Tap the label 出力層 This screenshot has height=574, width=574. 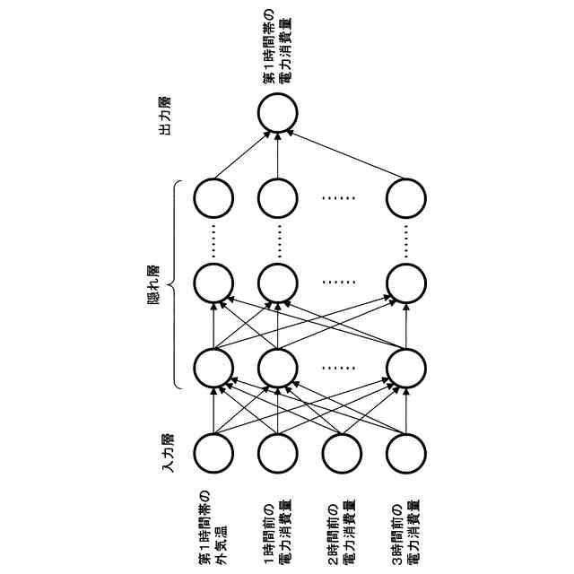click(x=164, y=115)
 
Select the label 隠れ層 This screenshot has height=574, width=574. click(x=152, y=285)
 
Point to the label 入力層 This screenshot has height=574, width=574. click(x=167, y=454)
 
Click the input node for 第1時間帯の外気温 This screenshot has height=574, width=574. click(x=213, y=454)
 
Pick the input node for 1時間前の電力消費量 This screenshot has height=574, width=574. click(x=277, y=454)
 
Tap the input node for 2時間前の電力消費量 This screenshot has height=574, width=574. click(x=341, y=454)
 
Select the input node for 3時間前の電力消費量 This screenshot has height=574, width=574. click(x=405, y=454)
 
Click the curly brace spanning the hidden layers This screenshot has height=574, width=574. click(x=177, y=285)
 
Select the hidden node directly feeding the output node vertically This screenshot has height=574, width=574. click(x=277, y=198)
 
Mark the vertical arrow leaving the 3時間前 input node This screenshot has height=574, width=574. click(x=405, y=411)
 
